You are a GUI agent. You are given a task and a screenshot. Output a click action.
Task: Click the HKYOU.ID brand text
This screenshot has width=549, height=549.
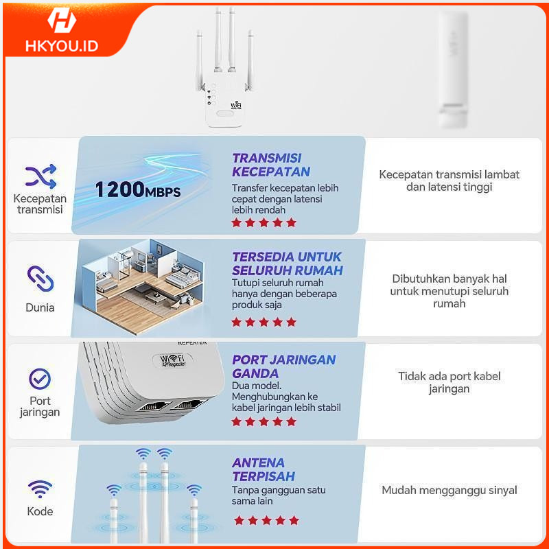(x=62, y=46)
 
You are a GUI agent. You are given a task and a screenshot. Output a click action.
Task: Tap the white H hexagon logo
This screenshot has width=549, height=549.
(x=62, y=20)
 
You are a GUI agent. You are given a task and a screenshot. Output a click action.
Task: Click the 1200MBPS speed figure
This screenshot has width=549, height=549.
(x=138, y=189)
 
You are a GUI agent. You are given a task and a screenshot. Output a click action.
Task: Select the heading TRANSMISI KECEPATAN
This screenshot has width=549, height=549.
(x=271, y=165)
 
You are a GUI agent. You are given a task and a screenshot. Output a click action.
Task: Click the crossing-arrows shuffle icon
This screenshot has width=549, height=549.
(x=40, y=176)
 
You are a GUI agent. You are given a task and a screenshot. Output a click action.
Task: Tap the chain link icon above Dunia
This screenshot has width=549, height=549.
(x=40, y=279)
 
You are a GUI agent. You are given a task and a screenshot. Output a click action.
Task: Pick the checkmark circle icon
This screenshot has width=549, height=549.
(x=40, y=379)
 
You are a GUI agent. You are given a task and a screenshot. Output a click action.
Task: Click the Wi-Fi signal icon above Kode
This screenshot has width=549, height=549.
(x=40, y=489)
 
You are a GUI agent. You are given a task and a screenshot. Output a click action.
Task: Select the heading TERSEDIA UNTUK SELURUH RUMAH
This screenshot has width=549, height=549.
(x=287, y=264)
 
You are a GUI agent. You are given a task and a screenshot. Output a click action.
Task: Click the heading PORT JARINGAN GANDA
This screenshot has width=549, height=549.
(x=283, y=366)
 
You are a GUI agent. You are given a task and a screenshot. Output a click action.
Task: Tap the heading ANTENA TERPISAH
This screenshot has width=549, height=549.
(x=264, y=469)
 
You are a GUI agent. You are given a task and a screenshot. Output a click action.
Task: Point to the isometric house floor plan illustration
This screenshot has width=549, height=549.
(x=143, y=286)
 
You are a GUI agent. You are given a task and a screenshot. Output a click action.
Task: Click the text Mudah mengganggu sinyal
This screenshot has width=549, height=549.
(x=449, y=490)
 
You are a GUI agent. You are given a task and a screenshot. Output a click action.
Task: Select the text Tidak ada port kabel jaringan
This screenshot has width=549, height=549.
(x=449, y=382)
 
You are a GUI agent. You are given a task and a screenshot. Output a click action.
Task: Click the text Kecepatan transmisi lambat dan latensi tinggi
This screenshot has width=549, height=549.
(x=449, y=180)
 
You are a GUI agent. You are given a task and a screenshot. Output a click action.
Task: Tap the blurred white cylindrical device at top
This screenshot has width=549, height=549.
(x=453, y=69)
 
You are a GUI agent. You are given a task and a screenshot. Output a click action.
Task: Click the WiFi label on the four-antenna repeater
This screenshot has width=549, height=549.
(x=236, y=106)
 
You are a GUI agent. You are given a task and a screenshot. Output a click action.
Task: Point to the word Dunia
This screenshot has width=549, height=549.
(x=40, y=307)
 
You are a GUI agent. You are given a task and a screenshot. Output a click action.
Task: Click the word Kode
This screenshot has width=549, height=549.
(x=40, y=511)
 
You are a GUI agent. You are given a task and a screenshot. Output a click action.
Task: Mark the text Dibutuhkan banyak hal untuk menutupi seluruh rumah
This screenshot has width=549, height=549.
(x=449, y=291)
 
